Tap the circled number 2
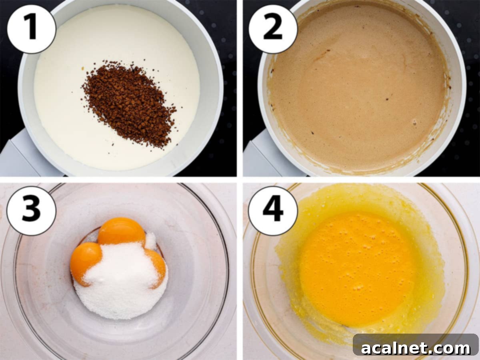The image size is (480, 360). [273, 29]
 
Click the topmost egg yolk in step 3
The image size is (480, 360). [121, 231]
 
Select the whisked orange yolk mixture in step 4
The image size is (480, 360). [356, 268]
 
